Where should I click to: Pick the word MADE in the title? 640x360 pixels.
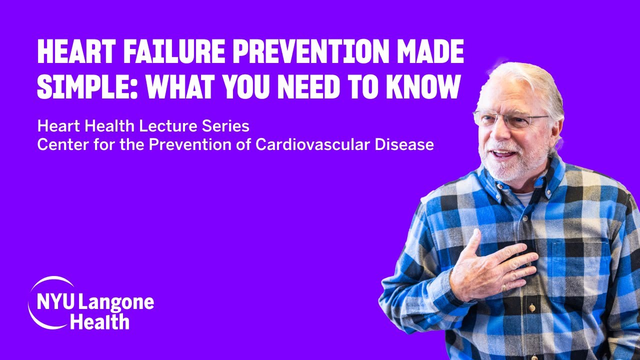pos(428,51)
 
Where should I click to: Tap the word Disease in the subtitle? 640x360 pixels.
pos(406,144)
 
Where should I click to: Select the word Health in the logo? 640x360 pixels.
pos(99,322)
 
